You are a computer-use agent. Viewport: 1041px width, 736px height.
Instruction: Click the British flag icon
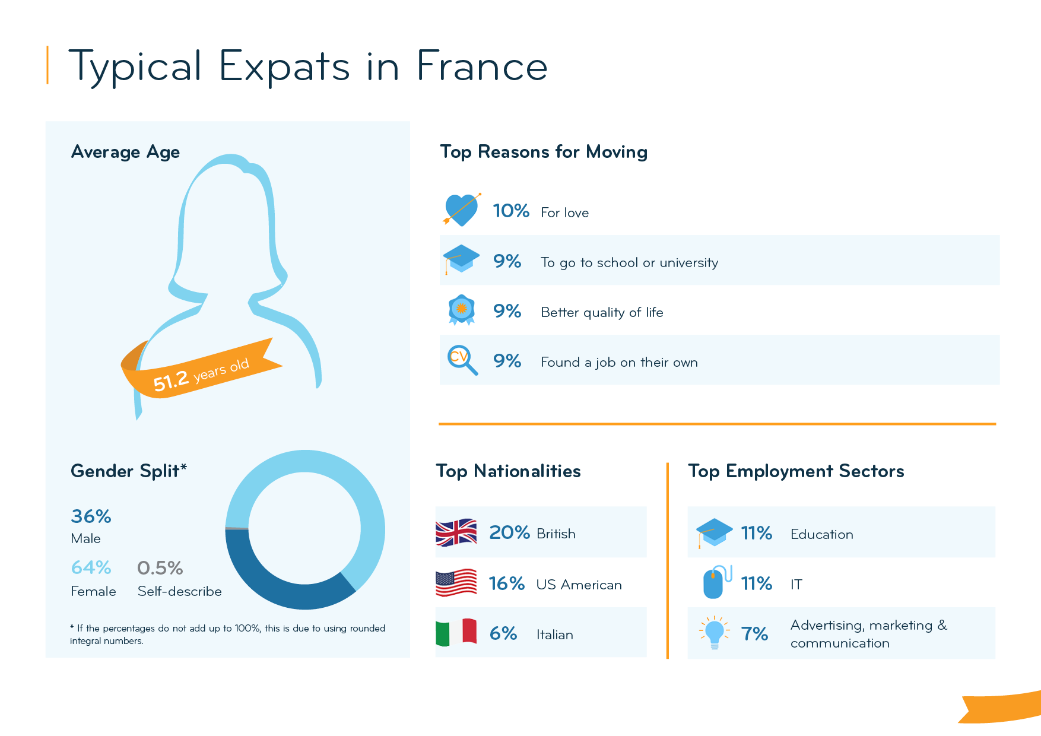456,532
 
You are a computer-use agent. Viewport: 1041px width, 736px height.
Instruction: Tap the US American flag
456,583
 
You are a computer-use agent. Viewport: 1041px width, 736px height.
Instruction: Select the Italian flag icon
456,633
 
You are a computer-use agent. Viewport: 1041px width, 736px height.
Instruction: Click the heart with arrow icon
461,210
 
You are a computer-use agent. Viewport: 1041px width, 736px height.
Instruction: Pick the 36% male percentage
91,516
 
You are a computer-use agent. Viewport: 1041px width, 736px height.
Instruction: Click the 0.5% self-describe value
160,568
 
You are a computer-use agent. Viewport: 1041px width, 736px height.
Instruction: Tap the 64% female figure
91,568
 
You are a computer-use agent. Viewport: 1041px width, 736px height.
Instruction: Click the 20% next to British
509,532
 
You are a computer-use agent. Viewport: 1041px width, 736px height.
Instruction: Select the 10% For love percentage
510,211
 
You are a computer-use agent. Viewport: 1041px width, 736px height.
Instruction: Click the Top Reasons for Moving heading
543,152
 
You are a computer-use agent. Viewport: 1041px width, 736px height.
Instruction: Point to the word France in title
481,66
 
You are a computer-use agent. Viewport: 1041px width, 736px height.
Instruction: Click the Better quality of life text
601,312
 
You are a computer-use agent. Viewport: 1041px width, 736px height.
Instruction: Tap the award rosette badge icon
461,309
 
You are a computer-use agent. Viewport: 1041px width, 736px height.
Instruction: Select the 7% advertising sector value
754,634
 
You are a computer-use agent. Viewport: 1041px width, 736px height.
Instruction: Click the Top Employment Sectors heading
795,471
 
